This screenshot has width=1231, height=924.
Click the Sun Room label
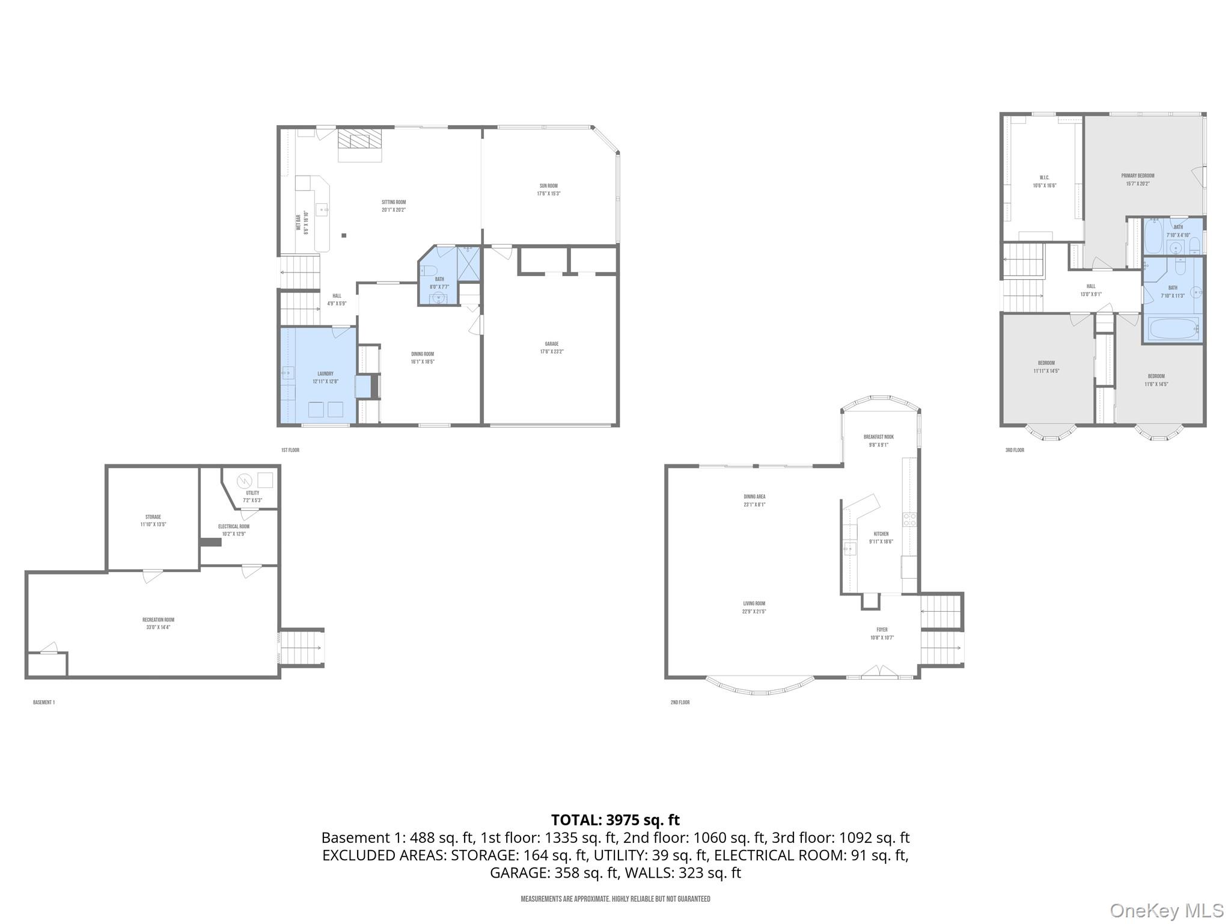pos(548,189)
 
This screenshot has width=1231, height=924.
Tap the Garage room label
pos(551,347)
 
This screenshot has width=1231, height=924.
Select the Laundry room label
pos(325,377)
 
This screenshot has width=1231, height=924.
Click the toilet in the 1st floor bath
pos(428,270)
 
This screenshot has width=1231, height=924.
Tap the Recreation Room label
pos(158,623)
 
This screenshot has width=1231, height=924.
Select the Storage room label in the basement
pos(153,520)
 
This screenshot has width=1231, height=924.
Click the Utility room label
pos(252,496)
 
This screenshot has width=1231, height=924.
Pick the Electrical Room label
pos(233,530)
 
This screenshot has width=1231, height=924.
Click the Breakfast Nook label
pos(878,440)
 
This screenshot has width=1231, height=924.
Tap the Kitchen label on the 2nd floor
pos(881,537)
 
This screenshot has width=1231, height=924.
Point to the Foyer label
pos(882,633)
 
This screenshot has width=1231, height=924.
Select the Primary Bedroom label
pos(1137,179)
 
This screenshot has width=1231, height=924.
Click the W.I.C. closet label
pos(1044,181)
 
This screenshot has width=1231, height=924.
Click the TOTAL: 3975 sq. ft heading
pos(615,820)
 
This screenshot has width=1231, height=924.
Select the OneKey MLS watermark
pos(1167,910)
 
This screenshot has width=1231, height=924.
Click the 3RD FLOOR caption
pos(1015,450)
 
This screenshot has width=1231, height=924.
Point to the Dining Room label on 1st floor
pos(422,357)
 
